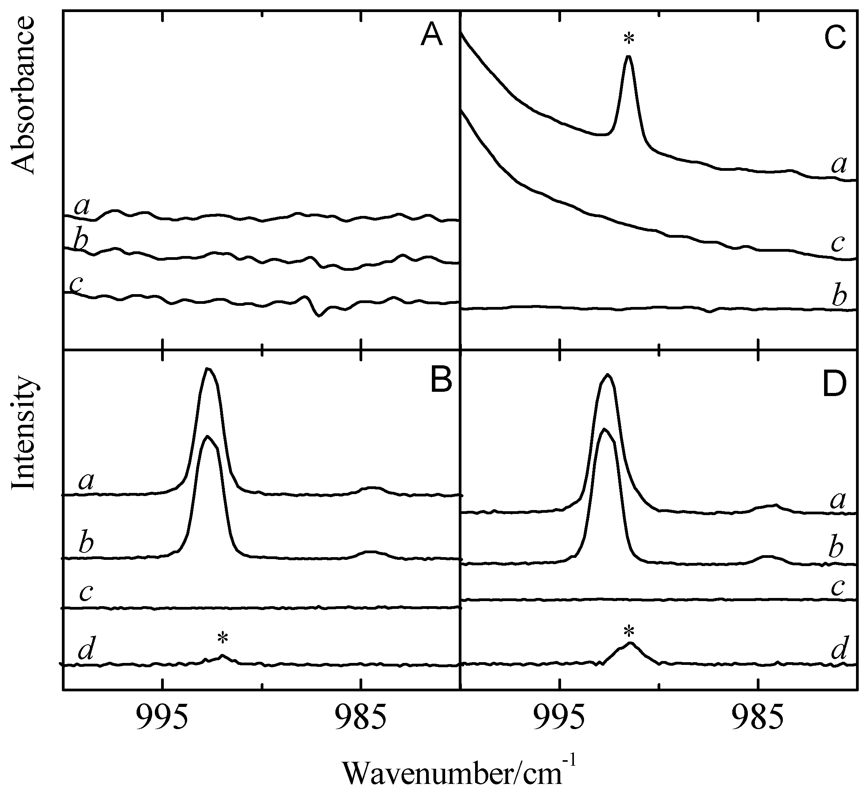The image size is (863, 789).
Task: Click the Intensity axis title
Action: [24, 432]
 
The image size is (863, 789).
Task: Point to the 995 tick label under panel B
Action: [163, 721]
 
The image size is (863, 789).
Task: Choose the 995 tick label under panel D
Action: [560, 721]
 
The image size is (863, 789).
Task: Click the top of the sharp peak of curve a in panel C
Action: [628, 57]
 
